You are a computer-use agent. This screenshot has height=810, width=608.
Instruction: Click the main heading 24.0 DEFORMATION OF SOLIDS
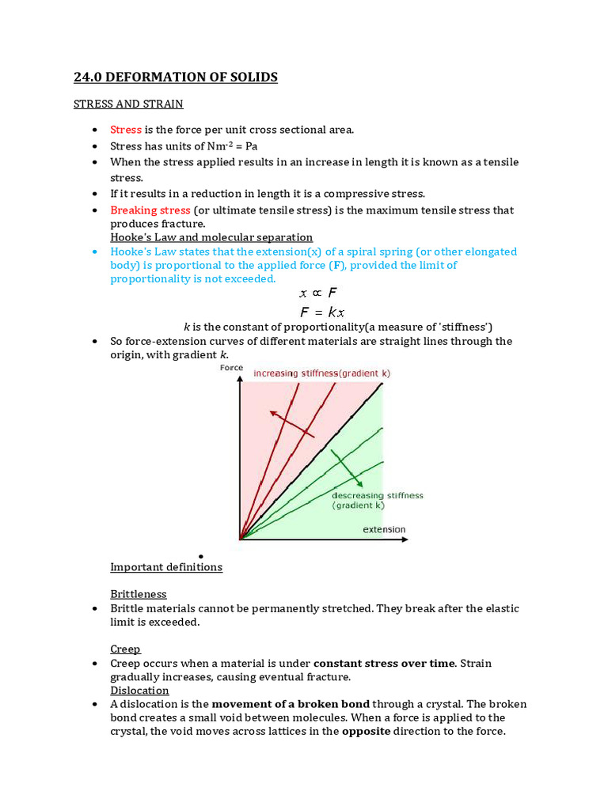tap(175, 77)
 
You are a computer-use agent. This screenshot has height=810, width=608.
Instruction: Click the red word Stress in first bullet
tap(126, 129)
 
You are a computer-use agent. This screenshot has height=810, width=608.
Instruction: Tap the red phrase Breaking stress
tap(150, 210)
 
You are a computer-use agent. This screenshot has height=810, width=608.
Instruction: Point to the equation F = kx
tap(322, 312)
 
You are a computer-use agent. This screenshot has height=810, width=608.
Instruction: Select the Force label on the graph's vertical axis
tap(231, 368)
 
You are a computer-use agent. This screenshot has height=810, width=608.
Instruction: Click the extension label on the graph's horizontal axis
tap(384, 529)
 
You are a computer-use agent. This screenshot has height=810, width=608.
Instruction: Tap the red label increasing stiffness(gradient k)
tap(321, 373)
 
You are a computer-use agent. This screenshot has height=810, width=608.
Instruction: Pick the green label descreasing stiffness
tap(377, 495)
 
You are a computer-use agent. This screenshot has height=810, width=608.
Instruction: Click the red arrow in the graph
tap(291, 424)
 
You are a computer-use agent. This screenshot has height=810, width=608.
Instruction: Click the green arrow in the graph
tap(347, 467)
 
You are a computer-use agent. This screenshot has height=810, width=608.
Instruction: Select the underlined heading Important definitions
tap(166, 567)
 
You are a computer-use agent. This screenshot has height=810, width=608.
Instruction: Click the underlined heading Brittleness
tap(139, 594)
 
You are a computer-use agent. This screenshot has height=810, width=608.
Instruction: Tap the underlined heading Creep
tap(125, 649)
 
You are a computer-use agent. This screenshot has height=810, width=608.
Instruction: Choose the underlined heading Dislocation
tap(139, 690)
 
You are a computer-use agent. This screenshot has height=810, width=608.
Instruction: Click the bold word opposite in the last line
tap(365, 731)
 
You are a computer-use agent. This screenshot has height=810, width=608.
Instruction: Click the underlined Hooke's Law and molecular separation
tap(211, 237)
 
